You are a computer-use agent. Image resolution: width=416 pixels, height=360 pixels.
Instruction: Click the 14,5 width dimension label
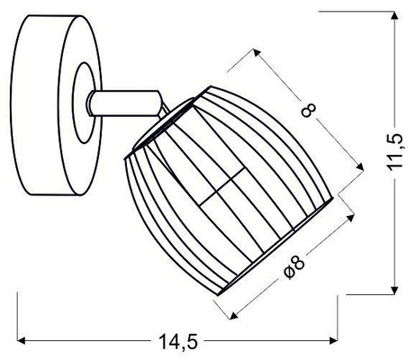coord(176,342)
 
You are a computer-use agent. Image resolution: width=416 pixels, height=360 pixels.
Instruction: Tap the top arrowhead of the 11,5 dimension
coord(393,18)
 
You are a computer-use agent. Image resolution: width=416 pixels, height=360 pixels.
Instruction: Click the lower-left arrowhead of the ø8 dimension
coord(236,314)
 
